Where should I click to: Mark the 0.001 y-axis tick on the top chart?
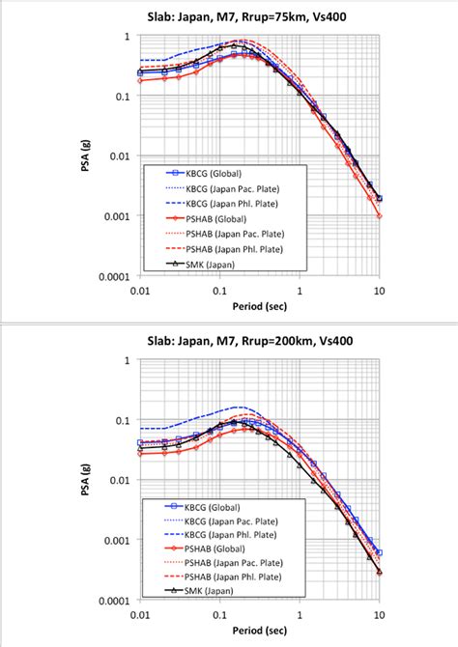click(125, 215)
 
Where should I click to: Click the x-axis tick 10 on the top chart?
click(379, 289)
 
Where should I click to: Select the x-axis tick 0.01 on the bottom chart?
click(141, 614)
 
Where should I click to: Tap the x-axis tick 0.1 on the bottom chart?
click(221, 614)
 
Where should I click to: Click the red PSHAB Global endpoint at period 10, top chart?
click(380, 215)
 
